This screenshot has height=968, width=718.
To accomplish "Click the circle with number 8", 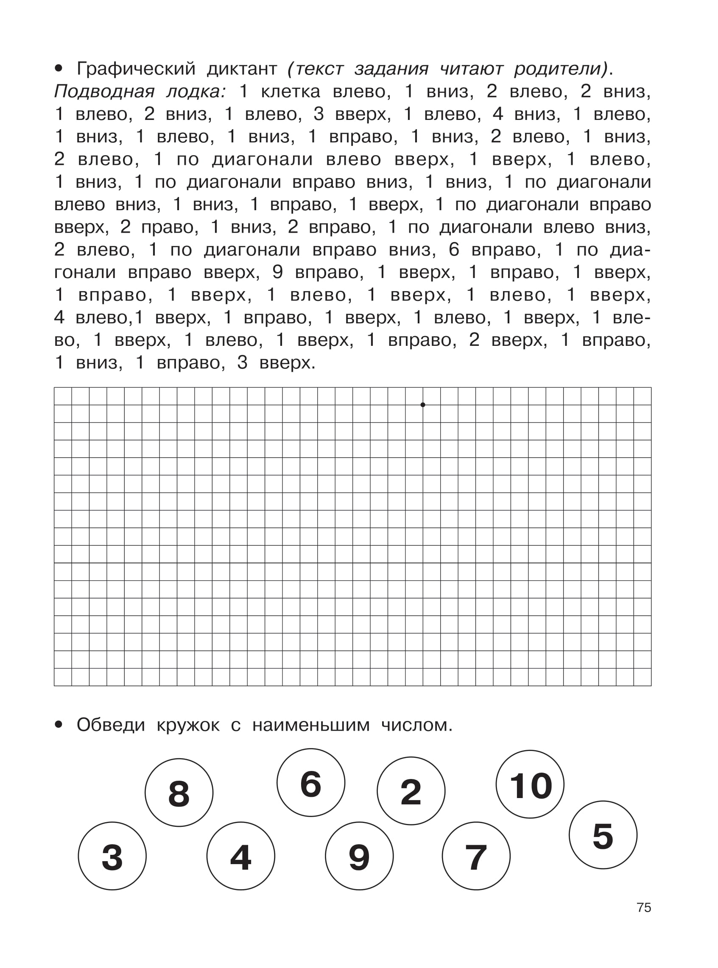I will point(179,793).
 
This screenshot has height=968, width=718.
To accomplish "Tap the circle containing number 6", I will point(311,782).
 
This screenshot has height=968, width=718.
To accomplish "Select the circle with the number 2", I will point(411,791).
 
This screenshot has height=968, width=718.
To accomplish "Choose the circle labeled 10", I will point(530,784).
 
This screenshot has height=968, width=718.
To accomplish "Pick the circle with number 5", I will point(603,834).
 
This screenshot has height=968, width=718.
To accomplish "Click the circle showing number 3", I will point(112,856).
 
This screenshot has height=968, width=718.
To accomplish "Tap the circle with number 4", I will point(241,856).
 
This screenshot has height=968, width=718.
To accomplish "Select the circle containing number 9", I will point(359,856).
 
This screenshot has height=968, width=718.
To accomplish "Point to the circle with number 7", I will point(476,856).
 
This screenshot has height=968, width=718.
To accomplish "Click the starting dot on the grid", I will point(423,405).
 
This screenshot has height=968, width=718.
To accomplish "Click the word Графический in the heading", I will point(136,69).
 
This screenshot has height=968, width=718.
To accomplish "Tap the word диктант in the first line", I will point(242,69).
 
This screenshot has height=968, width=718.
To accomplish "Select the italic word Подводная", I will point(104,92).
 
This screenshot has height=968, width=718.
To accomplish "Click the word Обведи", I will point(110,725).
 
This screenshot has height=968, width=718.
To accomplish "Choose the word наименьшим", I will point(311,725).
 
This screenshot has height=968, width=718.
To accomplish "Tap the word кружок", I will point(188,725).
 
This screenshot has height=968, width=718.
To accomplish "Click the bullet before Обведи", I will point(59,724).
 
